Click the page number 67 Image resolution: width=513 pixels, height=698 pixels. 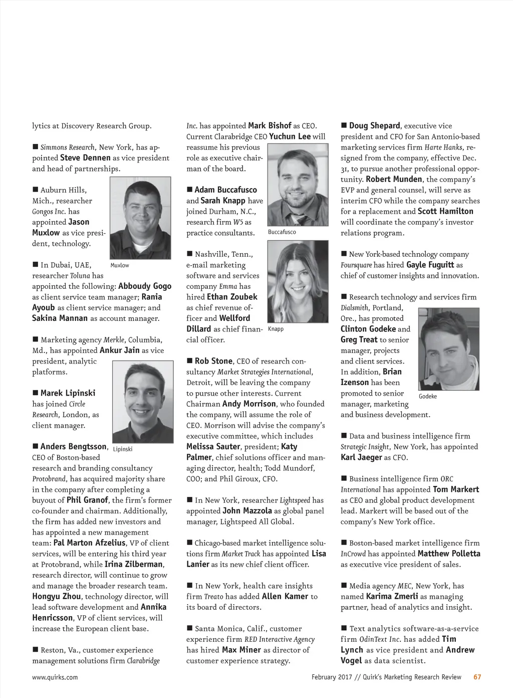click(477, 677)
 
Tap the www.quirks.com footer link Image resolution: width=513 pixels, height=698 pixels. click(55, 677)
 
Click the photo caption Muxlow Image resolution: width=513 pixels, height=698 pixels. click(120, 265)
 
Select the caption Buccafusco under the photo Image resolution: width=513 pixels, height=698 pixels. click(282, 232)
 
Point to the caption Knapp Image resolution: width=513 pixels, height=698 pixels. click(276, 329)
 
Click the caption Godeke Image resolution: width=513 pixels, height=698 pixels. click(428, 396)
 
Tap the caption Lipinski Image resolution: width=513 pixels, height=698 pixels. click(123, 449)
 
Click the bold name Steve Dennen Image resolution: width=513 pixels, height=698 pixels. click(85, 158)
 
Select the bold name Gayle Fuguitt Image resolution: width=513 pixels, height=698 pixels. click(430, 265)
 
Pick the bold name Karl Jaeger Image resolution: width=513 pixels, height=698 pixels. click(361, 457)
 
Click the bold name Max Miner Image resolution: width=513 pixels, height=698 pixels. click(241, 650)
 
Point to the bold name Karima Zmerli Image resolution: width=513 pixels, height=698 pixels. click(392, 596)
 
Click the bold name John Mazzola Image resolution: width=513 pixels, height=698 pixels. click(247, 511)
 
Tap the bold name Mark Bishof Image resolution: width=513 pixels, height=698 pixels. click(270, 126)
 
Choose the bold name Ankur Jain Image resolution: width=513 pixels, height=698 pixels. click(119, 351)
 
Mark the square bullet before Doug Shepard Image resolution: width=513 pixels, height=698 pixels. click(344, 125)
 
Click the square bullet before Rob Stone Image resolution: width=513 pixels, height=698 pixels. click(190, 361)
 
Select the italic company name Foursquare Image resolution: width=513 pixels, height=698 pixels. click(356, 265)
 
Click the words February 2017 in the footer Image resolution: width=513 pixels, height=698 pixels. click(332, 677)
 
